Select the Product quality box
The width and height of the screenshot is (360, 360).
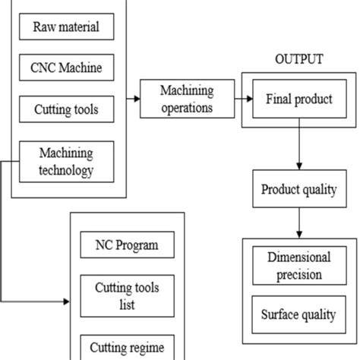click(298, 189)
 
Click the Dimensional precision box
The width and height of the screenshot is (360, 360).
click(298, 265)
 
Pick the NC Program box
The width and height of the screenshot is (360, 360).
click(127, 246)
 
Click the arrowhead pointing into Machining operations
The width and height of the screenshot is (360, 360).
click(136, 99)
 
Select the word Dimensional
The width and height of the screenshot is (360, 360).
click(298, 257)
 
